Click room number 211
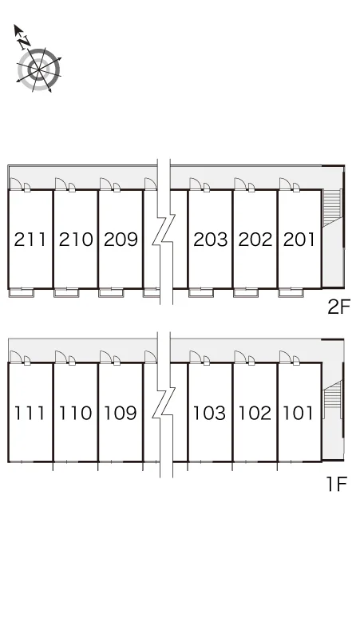[30, 240]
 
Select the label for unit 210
[76, 240]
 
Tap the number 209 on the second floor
[121, 240]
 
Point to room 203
[210, 240]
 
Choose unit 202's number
[255, 240]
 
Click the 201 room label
[299, 240]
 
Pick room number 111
[30, 413]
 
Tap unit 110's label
[75, 413]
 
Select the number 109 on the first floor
[120, 413]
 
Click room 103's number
[209, 413]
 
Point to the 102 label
[255, 413]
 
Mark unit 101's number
[299, 413]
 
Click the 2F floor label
[338, 307]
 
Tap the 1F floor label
[337, 484]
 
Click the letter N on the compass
[25, 41]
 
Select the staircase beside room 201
[331, 208]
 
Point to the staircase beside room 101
[333, 399]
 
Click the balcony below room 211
[22, 293]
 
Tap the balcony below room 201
[291, 293]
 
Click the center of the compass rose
[39, 69]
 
